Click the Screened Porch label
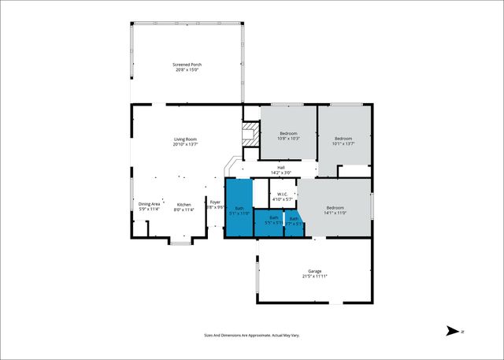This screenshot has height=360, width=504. pyautogui.click(x=187, y=65)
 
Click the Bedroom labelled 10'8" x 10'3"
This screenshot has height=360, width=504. pyautogui.click(x=288, y=133)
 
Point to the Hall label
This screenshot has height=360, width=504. pyautogui.click(x=280, y=167)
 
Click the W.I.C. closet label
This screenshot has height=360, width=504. pyautogui.click(x=284, y=195)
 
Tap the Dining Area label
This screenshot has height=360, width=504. pyautogui.click(x=150, y=204)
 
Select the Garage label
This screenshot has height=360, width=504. pyautogui.click(x=315, y=270)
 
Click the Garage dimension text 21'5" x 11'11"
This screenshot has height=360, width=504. pyautogui.click(x=315, y=276)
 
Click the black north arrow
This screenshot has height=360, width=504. pyautogui.click(x=453, y=331)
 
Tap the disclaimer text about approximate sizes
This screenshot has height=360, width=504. pyautogui.click(x=251, y=335)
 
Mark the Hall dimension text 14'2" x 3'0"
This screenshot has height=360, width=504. pyautogui.click(x=281, y=173)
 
